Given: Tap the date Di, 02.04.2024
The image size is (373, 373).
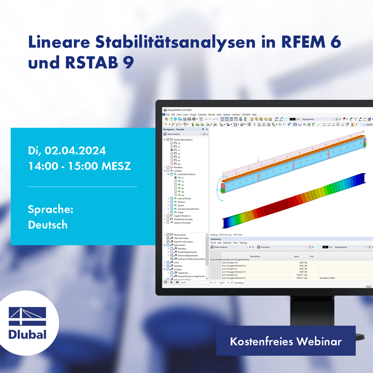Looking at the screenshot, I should (67, 150).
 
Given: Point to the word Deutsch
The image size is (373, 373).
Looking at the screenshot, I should (47, 225).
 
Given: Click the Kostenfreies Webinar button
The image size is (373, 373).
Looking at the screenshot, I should (285, 341).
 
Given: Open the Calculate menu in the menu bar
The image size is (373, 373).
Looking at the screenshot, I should (202, 114).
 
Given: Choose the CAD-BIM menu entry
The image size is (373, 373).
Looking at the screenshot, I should (246, 114).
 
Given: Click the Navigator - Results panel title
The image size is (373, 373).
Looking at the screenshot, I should (174, 129).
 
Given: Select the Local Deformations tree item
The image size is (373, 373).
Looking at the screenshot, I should (186, 174).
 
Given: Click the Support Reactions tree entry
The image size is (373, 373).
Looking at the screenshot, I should (182, 216).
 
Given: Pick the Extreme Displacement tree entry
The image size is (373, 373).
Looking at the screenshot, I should (188, 255).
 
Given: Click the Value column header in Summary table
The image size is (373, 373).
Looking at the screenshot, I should (296, 256).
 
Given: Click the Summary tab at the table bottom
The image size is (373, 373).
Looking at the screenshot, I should (239, 283).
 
